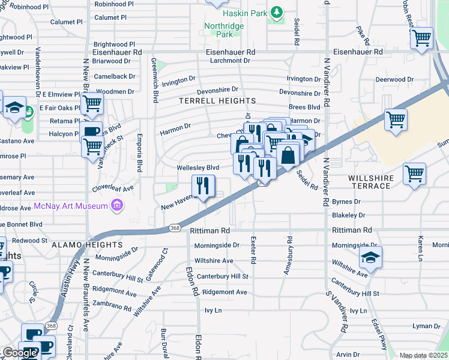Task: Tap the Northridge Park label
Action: (x=218, y=30)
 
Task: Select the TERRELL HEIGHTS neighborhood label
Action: (x=217, y=101)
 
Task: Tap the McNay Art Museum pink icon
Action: (x=117, y=206)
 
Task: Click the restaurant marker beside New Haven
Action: (x=203, y=187)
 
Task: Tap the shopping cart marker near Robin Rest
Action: (x=421, y=38)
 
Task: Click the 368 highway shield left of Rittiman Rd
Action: (x=175, y=228)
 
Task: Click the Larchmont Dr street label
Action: (x=230, y=61)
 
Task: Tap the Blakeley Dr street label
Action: (x=349, y=214)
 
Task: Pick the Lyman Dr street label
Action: (x=426, y=326)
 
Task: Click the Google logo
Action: (x=20, y=352)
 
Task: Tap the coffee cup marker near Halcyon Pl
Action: (x=91, y=132)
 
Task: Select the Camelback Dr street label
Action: (x=115, y=77)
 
